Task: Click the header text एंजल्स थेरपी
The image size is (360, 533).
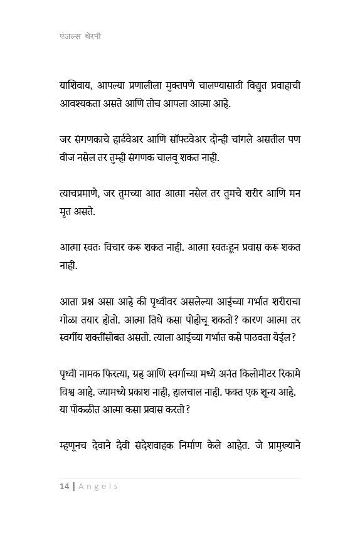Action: coord(77,36)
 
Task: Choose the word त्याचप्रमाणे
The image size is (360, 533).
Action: coord(82,193)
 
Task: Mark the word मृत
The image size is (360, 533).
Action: coord(61,211)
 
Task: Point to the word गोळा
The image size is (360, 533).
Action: coord(64,319)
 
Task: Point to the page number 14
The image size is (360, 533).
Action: coord(64,486)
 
